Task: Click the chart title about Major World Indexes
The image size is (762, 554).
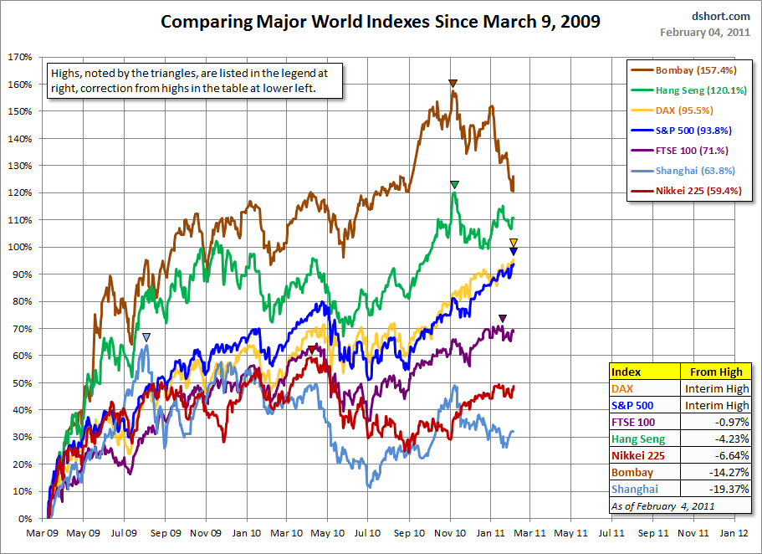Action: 380,22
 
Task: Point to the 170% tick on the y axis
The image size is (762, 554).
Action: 19,57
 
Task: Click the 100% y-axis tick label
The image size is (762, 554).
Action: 19,247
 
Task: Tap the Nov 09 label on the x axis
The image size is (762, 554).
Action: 205,532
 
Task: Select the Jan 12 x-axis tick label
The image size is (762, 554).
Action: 734,532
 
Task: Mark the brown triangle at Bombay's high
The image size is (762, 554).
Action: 453,83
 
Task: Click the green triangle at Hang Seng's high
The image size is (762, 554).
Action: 454,184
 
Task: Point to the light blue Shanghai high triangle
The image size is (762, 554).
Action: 146,337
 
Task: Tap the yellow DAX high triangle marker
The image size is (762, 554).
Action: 514,243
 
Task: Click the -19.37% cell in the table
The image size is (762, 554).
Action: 719,489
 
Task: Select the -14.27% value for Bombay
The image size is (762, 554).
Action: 719,472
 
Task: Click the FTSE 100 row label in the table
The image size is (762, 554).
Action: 634,422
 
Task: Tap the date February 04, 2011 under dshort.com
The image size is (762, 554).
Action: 704,33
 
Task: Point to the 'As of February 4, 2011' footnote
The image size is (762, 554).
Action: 652,505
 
